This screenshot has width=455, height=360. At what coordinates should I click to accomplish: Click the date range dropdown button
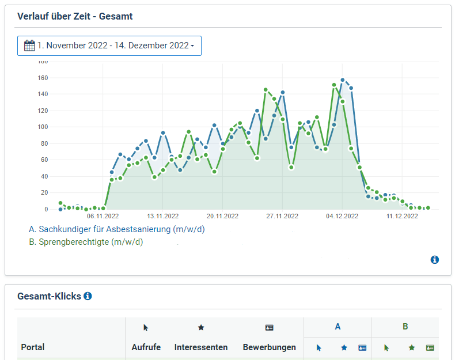pos(109,46)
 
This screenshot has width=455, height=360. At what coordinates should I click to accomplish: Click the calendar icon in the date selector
pos(29,46)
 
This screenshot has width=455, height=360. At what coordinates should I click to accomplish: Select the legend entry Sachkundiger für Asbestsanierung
pos(116,229)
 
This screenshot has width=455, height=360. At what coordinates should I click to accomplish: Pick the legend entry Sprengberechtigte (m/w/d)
pos(86,242)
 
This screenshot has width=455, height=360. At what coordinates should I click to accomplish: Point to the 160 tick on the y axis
pos(43,78)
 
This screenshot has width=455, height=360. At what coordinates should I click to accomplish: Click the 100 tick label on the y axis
pos(43,127)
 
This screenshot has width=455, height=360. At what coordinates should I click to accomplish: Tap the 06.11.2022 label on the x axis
pos(103,217)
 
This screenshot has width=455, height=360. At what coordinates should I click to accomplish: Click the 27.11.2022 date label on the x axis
pos(282,217)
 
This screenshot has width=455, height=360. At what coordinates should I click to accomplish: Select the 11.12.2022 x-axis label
pos(402,217)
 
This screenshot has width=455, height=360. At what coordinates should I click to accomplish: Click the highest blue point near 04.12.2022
pos(343,80)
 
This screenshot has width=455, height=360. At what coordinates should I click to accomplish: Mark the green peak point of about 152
pos(334,85)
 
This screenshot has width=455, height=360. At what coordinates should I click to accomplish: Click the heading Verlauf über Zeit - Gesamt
pos(75,16)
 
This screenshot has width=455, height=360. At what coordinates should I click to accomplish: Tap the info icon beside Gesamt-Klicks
pos(88,296)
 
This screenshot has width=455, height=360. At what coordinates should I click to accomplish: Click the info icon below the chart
pos(435,260)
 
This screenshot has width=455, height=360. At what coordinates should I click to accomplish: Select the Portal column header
pos(33,347)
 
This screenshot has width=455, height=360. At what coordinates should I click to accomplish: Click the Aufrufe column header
pos(146,347)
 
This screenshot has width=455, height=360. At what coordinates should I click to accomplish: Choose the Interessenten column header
pos(201,347)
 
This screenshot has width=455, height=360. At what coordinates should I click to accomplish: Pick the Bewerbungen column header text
pos(269,347)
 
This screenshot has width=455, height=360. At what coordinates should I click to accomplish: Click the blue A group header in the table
pos(338,327)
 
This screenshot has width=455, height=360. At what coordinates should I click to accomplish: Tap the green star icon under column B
pos(412,348)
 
